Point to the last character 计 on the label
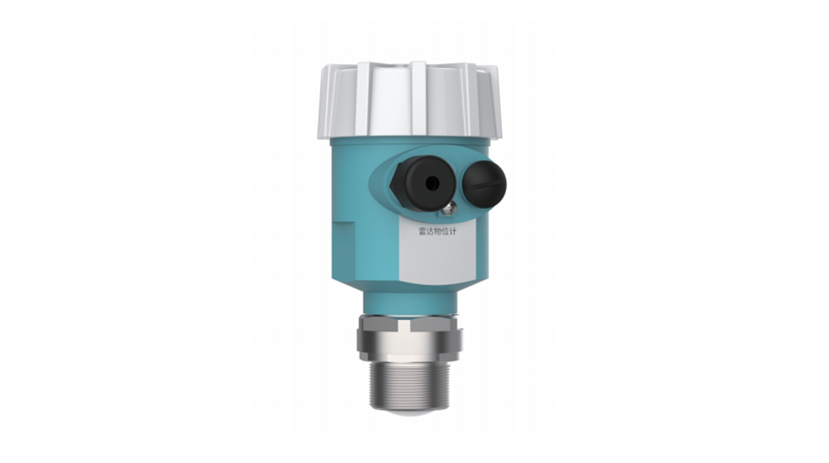coord(452,232)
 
